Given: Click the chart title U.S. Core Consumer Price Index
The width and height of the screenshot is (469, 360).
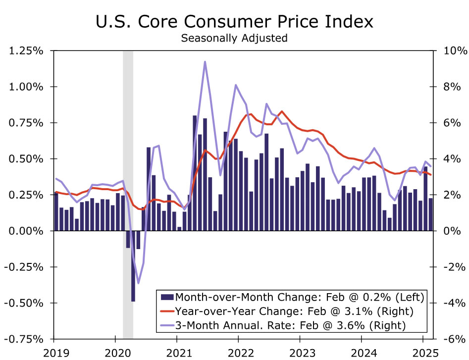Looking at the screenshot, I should (x=234, y=22).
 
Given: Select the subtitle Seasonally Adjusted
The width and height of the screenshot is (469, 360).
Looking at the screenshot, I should (x=234, y=38).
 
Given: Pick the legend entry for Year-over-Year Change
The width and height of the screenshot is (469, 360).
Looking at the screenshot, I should (x=292, y=311).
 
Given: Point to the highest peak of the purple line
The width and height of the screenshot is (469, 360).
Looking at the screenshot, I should (x=205, y=62).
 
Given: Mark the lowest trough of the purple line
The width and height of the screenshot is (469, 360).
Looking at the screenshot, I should (x=138, y=283).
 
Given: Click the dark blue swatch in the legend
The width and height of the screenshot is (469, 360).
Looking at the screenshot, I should (x=167, y=297).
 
